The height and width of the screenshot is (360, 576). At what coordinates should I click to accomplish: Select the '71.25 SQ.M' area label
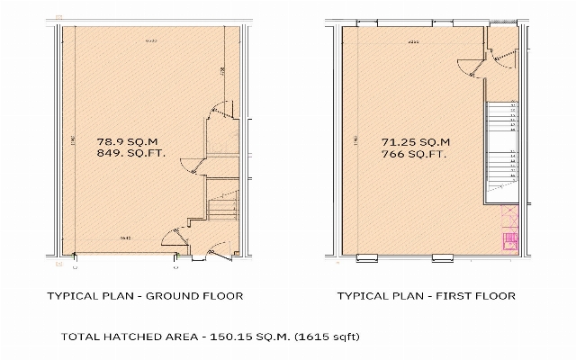(416, 141)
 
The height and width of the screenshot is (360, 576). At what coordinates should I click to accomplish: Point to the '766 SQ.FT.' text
(415, 154)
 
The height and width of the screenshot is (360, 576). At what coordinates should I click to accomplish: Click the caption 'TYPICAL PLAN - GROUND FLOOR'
(145, 295)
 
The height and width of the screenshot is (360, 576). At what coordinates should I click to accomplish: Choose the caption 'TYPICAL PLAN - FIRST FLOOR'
(426, 295)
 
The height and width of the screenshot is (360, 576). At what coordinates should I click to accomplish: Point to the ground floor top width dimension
(151, 41)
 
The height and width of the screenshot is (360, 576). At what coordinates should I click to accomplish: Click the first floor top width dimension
(413, 41)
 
